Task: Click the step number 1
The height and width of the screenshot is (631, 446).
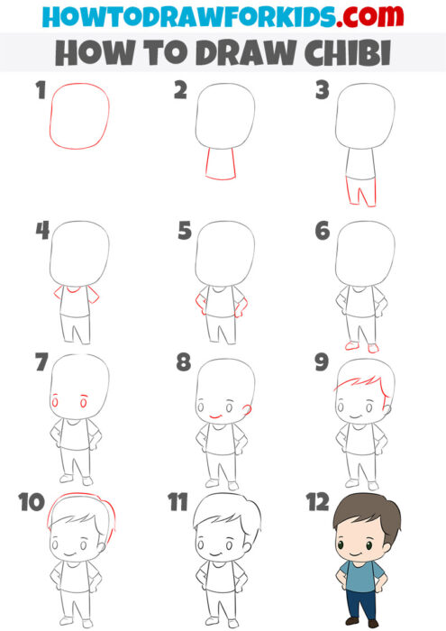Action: pyautogui.click(x=38, y=90)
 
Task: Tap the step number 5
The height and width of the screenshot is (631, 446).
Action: pyautogui.click(x=185, y=231)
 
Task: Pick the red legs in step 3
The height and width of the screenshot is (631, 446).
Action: pyautogui.click(x=361, y=192)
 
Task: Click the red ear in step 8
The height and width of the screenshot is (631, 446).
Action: pyautogui.click(x=247, y=408)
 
